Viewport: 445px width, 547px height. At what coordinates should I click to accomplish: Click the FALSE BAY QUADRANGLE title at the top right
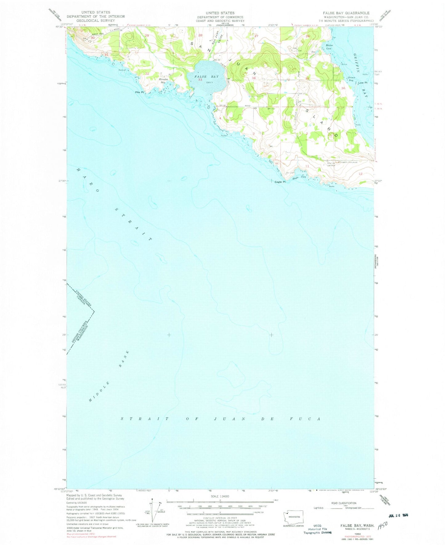click(x=346, y=13)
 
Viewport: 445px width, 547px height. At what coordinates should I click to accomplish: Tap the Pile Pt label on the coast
click(x=139, y=92)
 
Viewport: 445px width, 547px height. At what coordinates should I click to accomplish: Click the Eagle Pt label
click(x=280, y=182)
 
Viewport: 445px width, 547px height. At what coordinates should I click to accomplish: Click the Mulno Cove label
click(x=329, y=47)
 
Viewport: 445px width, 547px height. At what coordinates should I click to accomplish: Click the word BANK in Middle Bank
click(x=124, y=359)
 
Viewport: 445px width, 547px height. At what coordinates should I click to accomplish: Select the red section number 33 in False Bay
click(x=200, y=80)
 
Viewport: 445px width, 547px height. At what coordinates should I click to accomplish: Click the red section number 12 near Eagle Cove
click(x=361, y=174)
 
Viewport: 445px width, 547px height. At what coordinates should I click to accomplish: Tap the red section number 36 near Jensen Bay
click(x=343, y=88)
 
